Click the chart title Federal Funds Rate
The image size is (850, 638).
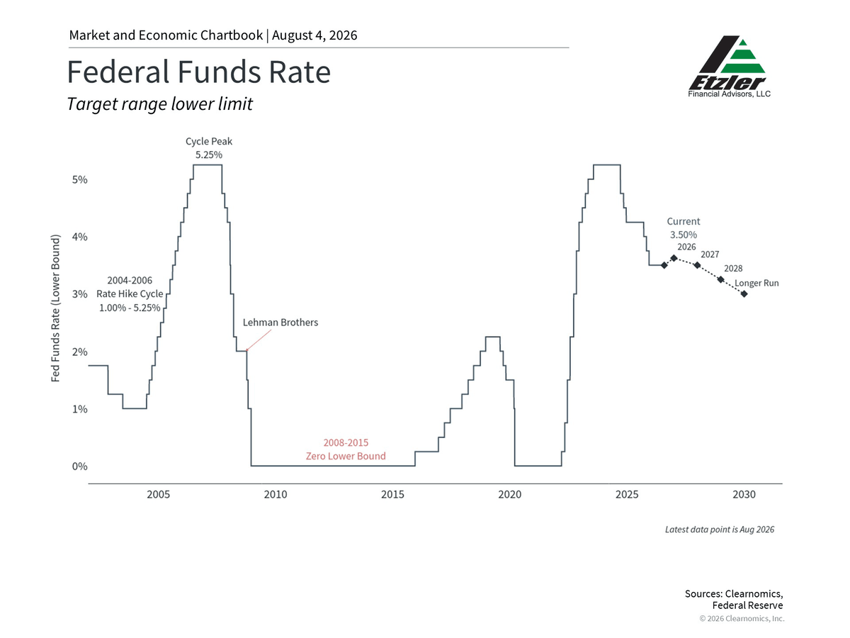pos(198,72)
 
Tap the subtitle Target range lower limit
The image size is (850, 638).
pos(159,103)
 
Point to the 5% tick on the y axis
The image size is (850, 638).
pos(80,180)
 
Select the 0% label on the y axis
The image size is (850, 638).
pos(80,466)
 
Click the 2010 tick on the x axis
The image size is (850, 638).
pos(276,494)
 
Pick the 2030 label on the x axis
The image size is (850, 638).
pos(744,494)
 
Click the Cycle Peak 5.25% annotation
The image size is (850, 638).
pos(209,148)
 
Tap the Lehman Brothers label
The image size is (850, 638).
pos(280,323)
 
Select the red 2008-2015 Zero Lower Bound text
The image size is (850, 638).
pos(346,449)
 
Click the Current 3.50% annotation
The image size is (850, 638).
pos(684,228)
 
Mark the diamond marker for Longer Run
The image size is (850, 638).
pos(744,294)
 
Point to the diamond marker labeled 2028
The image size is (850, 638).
pos(720,279)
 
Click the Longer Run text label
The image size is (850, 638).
pos(756,283)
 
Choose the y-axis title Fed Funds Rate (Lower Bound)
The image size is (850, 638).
pos(56,308)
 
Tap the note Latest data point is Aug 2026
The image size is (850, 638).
pos(720,530)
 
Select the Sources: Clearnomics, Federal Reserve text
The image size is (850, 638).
pos(734,599)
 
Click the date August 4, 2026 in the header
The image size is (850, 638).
pos(314,35)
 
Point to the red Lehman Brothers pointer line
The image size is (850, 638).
pos(259,340)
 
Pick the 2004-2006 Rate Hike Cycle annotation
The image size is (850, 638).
pos(130,294)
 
